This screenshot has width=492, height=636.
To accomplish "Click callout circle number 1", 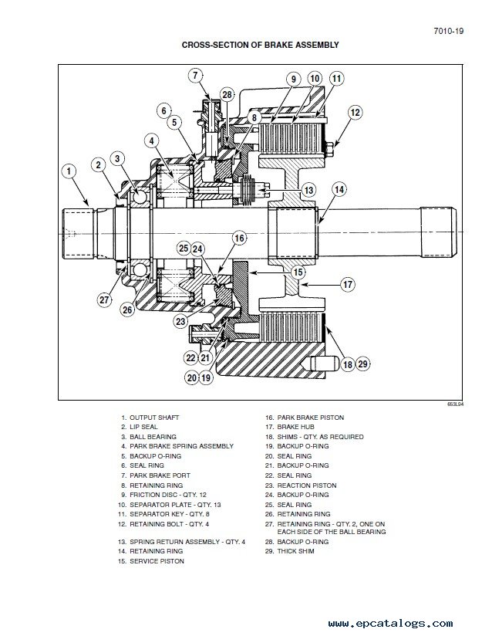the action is (69, 171).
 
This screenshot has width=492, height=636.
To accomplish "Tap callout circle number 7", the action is (195, 76).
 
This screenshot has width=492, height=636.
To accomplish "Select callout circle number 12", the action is (355, 113).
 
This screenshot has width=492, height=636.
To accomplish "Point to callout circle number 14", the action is (339, 189).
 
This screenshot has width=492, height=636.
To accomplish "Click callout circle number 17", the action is (348, 284).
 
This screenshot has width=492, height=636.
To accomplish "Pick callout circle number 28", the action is (227, 95).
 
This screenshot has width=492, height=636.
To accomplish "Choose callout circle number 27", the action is (104, 299).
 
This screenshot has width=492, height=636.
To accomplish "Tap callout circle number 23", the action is (180, 322).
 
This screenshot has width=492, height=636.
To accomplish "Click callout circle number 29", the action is (362, 364).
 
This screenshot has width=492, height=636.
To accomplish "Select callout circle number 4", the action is (152, 140).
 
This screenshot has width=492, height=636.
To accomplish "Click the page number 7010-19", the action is (449, 31).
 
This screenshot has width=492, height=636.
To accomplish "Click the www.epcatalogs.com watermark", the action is (390, 623).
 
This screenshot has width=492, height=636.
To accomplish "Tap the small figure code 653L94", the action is (455, 404).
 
